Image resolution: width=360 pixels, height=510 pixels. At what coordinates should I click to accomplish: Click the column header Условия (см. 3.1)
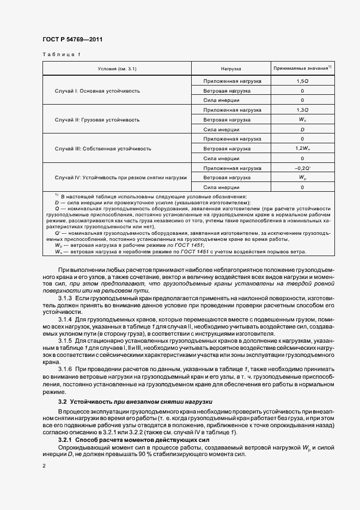[x=117, y=69]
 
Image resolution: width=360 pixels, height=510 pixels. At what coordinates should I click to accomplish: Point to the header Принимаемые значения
[x=302, y=69]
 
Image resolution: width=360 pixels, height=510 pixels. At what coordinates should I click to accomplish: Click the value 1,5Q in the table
[x=302, y=81]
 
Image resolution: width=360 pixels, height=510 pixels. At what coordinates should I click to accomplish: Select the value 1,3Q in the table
[x=302, y=110]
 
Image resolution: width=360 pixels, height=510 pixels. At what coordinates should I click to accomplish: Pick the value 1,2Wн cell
[x=302, y=149]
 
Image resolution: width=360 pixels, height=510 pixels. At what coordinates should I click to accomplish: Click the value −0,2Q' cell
[x=302, y=168]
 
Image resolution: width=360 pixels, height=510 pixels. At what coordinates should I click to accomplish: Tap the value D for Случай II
[x=302, y=129]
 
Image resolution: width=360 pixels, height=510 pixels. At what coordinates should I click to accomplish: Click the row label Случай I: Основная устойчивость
[x=97, y=90]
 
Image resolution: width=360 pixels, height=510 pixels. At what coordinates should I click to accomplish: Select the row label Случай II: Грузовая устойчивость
[x=97, y=119]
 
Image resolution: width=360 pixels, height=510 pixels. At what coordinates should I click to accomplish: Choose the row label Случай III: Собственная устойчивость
[x=103, y=149]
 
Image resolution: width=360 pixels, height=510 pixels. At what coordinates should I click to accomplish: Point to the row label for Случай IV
[x=121, y=178]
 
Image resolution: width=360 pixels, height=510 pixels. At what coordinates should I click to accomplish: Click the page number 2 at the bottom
[x=44, y=466]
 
